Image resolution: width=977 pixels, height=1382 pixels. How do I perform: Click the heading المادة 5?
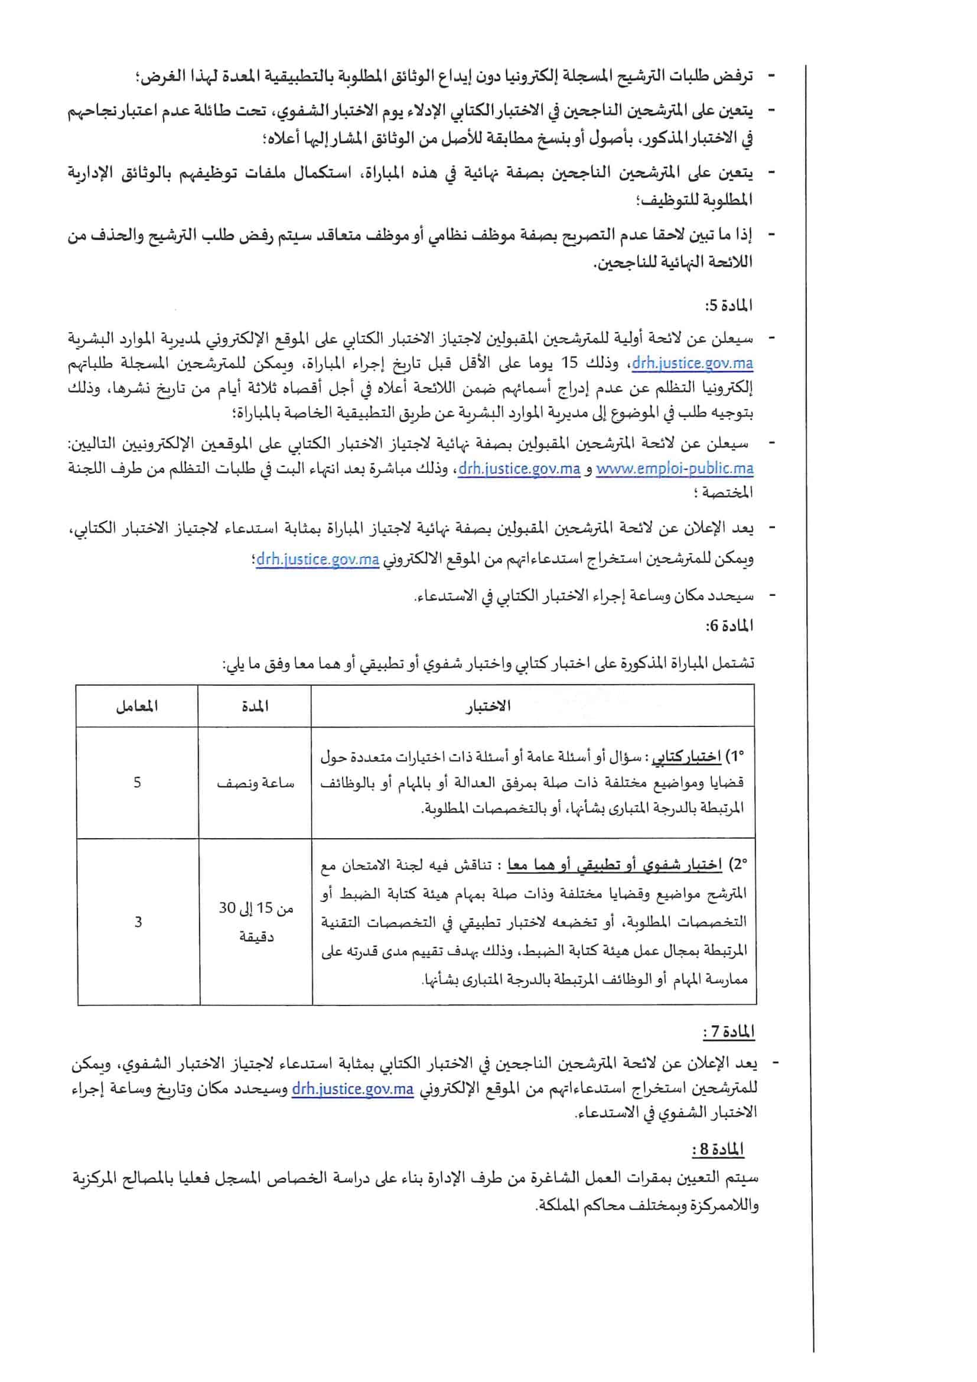pyautogui.click(x=728, y=306)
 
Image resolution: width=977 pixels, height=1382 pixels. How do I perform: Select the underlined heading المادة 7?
pyautogui.click(x=728, y=1032)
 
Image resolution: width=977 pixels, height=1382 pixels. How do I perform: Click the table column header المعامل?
pyautogui.click(x=137, y=706)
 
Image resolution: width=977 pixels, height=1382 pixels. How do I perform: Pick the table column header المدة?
pyautogui.click(x=255, y=706)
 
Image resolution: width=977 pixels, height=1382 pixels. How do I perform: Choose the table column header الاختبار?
pyautogui.click(x=488, y=706)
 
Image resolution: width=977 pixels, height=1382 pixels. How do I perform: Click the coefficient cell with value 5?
pyautogui.click(x=137, y=783)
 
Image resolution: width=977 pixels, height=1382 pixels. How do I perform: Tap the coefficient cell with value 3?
pyautogui.click(x=138, y=922)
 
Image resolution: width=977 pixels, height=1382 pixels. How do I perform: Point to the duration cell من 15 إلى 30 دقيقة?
pyautogui.click(x=256, y=922)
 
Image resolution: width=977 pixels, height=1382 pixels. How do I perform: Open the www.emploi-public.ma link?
pyautogui.click(x=675, y=468)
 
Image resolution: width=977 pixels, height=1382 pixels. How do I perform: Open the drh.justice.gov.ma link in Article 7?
pyautogui.click(x=353, y=1089)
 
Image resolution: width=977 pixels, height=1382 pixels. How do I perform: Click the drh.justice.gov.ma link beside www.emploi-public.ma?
pyautogui.click(x=519, y=468)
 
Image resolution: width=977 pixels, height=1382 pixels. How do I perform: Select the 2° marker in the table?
pyautogui.click(x=738, y=865)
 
